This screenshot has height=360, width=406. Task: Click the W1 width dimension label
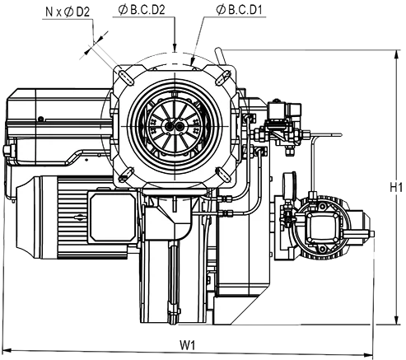(x=188, y=345)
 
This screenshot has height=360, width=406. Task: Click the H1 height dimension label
(x=396, y=188)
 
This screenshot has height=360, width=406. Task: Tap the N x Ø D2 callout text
(x=68, y=12)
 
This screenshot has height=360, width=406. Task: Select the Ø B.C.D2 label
(x=142, y=10)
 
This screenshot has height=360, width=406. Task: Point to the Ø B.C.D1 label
(x=240, y=10)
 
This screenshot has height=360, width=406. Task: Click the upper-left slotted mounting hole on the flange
(x=125, y=75)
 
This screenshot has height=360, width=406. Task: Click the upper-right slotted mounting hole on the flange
(x=223, y=77)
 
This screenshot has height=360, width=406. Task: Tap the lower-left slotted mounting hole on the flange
(x=127, y=175)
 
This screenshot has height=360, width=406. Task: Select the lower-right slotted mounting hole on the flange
(x=223, y=175)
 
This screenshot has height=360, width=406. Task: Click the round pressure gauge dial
(x=290, y=184)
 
